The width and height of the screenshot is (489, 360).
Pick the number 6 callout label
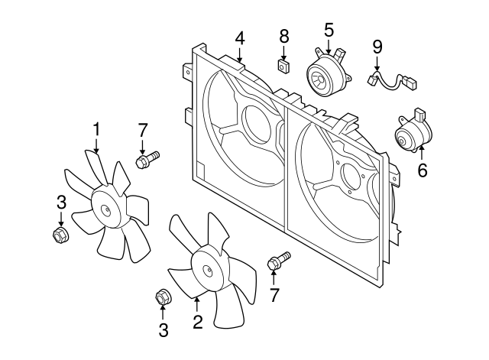pos(422,170)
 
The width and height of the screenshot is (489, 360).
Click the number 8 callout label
pos(283,36)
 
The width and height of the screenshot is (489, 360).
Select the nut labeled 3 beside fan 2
pos(162,297)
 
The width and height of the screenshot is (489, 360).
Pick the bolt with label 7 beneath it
pos(277,262)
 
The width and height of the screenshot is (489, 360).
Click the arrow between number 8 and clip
pos(283,52)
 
